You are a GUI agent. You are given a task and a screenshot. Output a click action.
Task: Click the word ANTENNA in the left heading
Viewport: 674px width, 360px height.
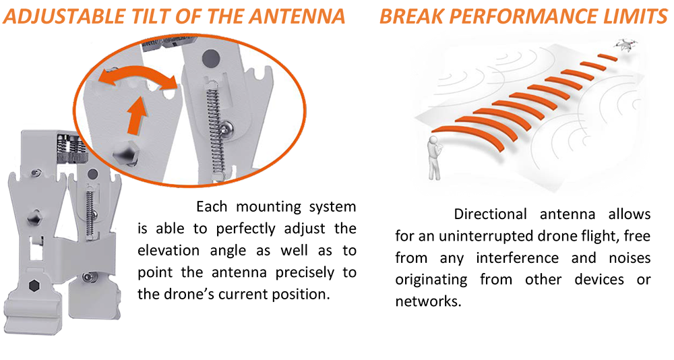tap(297, 16)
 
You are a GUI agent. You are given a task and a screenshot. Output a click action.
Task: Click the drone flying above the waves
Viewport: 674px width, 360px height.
tap(625, 44)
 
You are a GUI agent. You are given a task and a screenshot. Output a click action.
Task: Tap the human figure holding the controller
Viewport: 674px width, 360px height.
tap(434, 158)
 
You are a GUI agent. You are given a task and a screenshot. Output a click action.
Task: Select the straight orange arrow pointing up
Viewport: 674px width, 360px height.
tap(137, 115)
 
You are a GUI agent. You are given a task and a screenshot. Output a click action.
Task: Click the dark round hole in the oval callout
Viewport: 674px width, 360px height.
tap(210, 57)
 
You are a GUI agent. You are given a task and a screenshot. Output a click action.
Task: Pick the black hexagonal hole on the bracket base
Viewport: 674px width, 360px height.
tap(34, 286)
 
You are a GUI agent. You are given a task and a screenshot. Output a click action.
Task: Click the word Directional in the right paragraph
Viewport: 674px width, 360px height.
tap(490, 214)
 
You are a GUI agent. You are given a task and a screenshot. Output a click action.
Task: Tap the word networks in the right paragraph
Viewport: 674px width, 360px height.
tap(428, 301)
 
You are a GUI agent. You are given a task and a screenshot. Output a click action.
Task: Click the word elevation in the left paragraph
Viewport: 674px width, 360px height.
tap(168, 250)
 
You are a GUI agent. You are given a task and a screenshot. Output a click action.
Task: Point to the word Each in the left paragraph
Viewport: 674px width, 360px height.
tap(212, 206)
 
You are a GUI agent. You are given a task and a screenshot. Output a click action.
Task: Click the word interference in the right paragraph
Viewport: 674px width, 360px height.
tap(518, 258)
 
